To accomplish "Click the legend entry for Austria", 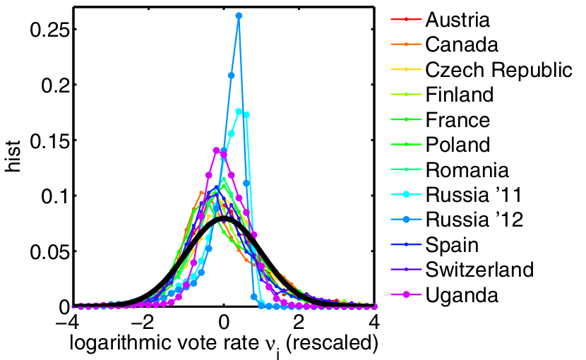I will pyautogui.click(x=458, y=19).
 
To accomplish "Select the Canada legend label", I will pyautogui.click(x=462, y=44).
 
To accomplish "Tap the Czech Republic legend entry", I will pyautogui.click(x=498, y=70).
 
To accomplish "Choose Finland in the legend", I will pyautogui.click(x=460, y=95).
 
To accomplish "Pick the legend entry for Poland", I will pyautogui.click(x=458, y=145).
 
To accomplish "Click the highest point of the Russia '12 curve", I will pyautogui.click(x=239, y=15).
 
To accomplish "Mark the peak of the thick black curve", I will pyautogui.click(x=223, y=219).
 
